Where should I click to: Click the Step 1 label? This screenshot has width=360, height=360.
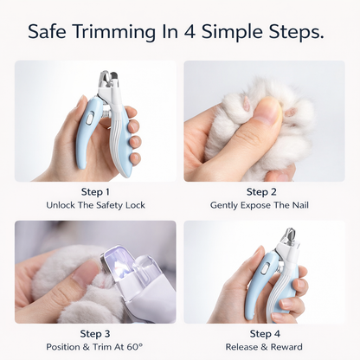95,192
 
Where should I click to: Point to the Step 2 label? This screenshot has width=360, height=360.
263,192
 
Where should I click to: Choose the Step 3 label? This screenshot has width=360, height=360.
95,333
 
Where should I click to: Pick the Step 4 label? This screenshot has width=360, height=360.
263,333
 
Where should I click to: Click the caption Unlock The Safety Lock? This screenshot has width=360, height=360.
95,206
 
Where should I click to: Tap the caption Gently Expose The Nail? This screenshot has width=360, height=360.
263,206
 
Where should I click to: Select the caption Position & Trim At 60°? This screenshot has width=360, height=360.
95,347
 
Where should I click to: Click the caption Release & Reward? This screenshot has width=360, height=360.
263,347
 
